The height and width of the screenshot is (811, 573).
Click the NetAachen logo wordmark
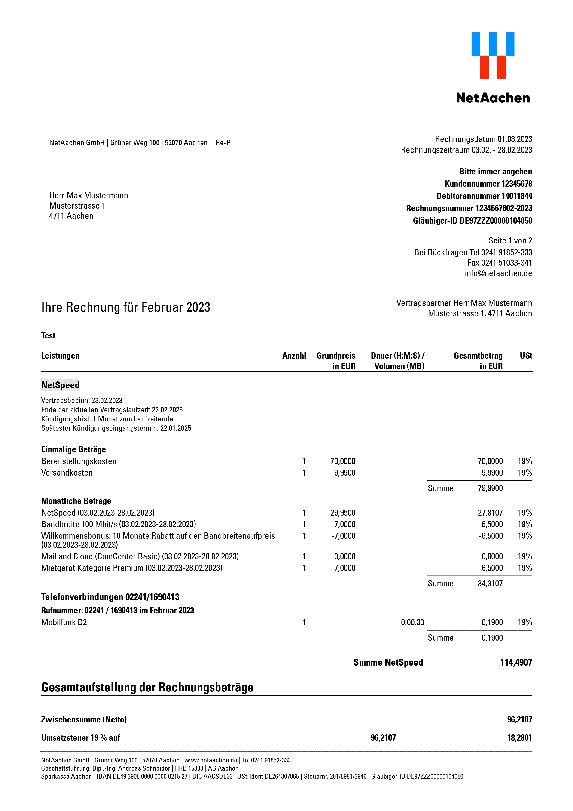(493, 98)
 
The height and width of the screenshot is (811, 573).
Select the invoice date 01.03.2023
(515, 139)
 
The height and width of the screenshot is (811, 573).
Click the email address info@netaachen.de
(498, 273)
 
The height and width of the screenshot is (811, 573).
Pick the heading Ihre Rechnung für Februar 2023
(126, 307)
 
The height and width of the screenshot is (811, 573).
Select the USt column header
(526, 356)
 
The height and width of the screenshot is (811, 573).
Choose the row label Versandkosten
(67, 473)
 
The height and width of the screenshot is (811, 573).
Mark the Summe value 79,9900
(490, 488)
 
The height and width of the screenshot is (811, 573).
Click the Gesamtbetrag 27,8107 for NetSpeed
(490, 513)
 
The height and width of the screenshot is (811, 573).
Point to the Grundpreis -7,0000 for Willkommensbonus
(343, 536)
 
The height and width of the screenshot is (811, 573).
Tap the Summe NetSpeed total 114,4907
(516, 663)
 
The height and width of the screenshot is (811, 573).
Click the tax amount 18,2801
(519, 738)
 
